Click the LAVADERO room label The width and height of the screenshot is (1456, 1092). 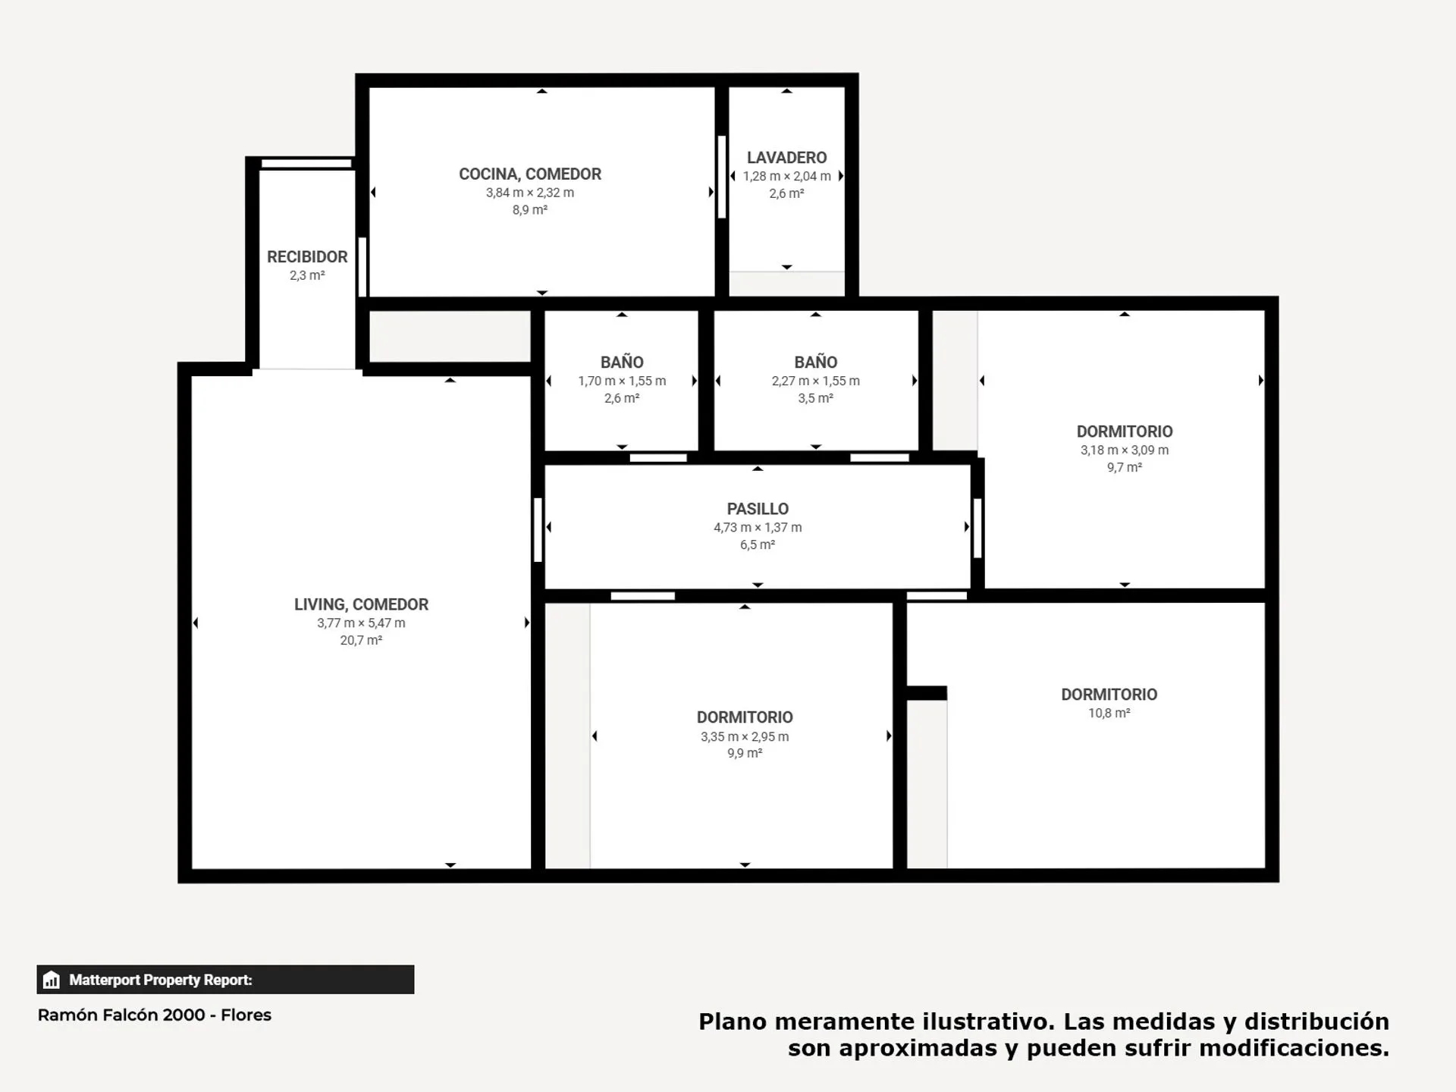click(x=786, y=158)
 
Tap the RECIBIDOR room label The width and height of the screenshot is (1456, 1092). click(x=307, y=257)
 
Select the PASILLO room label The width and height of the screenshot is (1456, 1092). click(x=758, y=509)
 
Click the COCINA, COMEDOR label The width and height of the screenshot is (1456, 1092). click(x=530, y=174)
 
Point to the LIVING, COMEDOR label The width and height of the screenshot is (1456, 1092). click(x=361, y=604)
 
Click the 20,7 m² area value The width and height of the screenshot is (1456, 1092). click(x=361, y=640)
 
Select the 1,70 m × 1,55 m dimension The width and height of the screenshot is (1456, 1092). click(x=622, y=381)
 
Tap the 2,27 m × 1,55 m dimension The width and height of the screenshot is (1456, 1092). click(x=816, y=381)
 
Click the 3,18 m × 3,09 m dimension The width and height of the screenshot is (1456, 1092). click(x=1125, y=450)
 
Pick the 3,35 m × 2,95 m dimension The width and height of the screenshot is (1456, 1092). click(x=745, y=736)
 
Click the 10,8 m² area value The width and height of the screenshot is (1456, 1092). click(x=1109, y=713)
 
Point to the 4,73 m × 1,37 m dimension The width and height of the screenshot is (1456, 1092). click(x=758, y=527)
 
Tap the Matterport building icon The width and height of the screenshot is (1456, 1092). click(x=52, y=980)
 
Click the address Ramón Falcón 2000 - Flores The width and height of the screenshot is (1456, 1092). click(x=155, y=1015)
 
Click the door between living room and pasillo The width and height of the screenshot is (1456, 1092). click(x=538, y=529)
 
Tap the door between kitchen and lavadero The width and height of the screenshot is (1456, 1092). click(x=722, y=177)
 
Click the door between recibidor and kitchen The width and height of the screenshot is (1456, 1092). click(x=362, y=267)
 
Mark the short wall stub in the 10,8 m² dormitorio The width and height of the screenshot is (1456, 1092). click(x=927, y=692)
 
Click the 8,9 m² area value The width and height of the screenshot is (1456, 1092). click(x=530, y=210)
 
